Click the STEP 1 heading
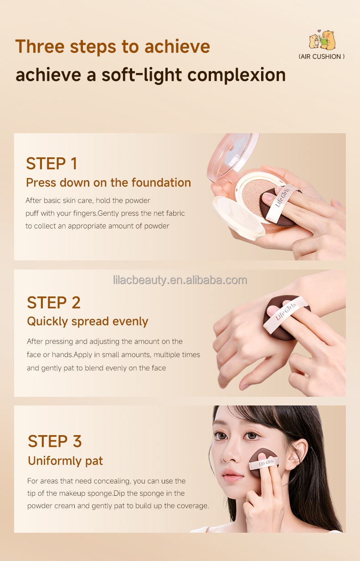[x=51, y=163]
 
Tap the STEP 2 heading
[x=53, y=302]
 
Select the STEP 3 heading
[x=55, y=441]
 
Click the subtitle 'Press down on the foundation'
[x=108, y=183]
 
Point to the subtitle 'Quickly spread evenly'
[x=87, y=322]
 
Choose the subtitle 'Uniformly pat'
[x=65, y=461]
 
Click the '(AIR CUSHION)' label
[x=321, y=57]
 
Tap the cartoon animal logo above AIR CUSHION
[x=322, y=41]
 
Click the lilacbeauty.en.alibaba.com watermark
[x=180, y=280]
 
